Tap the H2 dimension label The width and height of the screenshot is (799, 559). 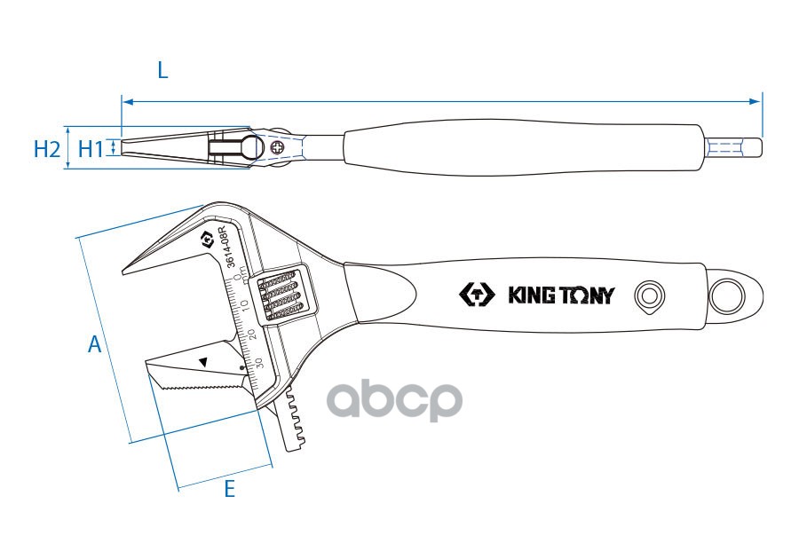tap(46, 149)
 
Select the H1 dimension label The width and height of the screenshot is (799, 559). tap(91, 149)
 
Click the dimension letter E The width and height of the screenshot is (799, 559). tap(229, 488)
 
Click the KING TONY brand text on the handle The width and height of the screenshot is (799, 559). tap(559, 295)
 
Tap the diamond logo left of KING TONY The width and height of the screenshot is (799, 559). tap(478, 295)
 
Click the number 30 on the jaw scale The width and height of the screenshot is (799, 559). tap(258, 362)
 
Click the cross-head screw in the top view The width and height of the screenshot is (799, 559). tap(279, 147)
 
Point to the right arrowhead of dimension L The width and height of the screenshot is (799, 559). tap(756, 101)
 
